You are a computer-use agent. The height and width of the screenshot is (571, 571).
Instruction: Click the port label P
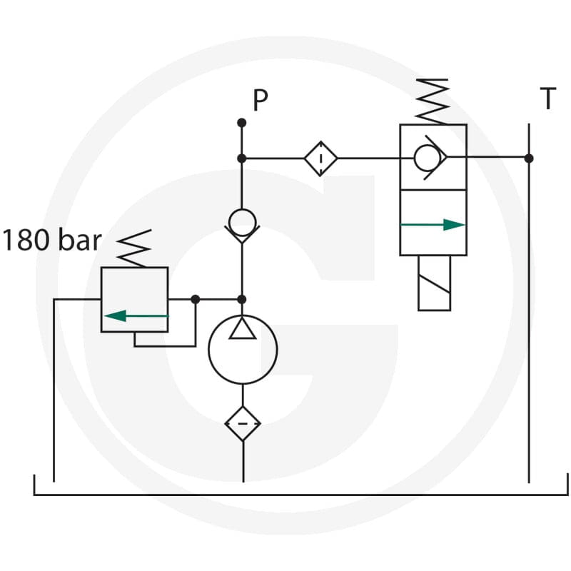point(260,100)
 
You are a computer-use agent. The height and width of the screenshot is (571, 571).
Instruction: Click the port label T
point(547,98)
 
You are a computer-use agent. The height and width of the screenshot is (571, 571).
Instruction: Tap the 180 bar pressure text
point(51,240)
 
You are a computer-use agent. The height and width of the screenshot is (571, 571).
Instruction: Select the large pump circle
point(208,350)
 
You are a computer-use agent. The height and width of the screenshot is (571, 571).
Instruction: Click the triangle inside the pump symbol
point(243,328)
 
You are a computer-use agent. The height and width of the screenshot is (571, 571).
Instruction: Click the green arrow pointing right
point(433,225)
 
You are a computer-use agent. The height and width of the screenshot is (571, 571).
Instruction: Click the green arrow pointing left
point(136,315)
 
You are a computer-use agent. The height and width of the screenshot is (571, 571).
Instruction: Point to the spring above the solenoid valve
point(433,101)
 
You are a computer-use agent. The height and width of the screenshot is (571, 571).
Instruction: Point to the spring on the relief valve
point(134,248)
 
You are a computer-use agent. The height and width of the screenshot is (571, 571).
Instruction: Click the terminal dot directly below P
point(241,123)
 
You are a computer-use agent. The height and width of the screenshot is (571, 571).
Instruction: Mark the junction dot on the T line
point(529,158)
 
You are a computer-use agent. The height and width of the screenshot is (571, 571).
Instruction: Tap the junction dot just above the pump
point(242,299)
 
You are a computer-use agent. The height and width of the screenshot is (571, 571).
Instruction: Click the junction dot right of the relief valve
point(196,299)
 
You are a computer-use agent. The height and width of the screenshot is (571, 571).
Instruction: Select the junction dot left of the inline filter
point(241,158)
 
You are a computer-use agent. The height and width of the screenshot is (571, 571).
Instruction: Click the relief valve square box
point(101,300)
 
